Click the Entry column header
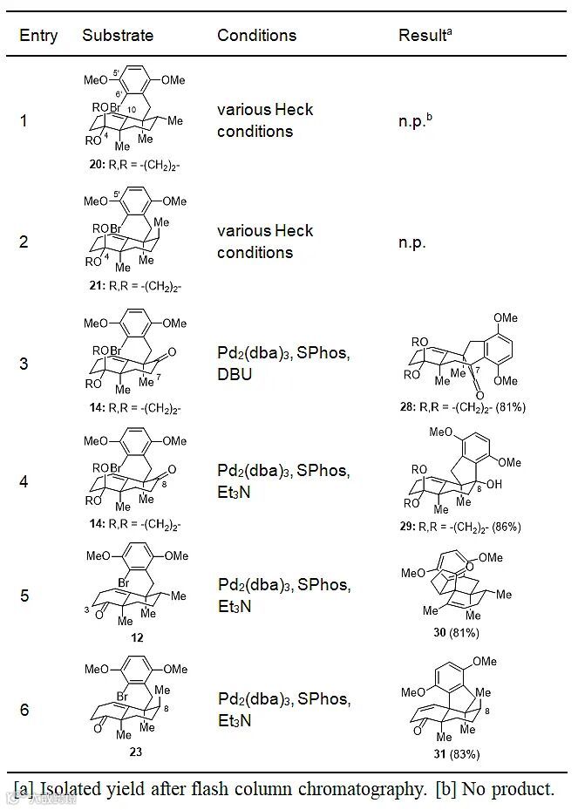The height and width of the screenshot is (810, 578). point(38,36)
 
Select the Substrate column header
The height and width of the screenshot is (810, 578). point(118,36)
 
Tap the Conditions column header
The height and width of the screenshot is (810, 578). point(256,36)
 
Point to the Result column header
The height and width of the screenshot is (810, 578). point(426,36)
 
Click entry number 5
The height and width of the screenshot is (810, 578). point(24,596)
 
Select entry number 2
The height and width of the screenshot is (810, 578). point(24,242)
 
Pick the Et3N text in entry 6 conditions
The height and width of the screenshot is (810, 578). point(235,721)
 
